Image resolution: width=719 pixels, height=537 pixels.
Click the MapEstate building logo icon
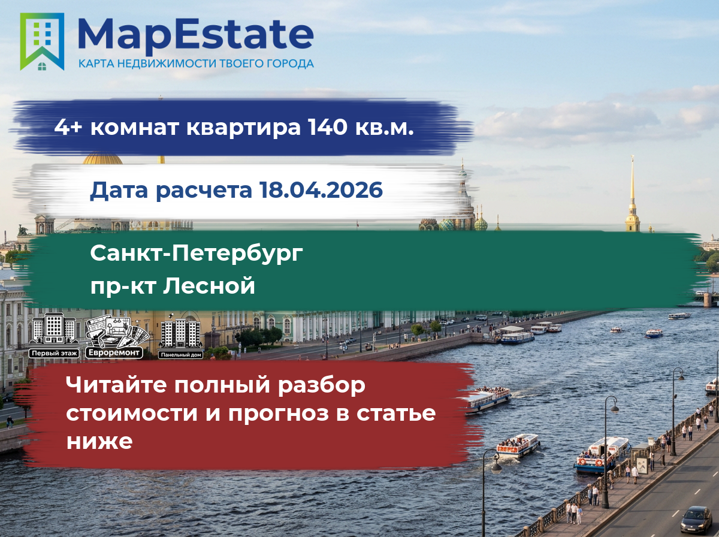[x=42, y=41]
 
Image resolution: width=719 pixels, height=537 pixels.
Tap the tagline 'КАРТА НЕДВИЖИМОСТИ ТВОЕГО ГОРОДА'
[x=196, y=64]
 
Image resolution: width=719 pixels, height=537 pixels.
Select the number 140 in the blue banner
[x=327, y=127]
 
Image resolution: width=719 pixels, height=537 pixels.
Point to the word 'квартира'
[x=243, y=128]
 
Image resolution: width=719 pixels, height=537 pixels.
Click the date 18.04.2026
[x=321, y=190]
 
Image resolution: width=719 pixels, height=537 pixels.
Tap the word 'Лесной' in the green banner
[x=209, y=285]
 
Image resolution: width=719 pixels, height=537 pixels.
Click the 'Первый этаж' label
[x=55, y=353]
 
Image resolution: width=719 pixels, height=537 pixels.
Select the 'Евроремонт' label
[x=114, y=352]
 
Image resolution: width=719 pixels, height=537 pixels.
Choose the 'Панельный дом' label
[x=181, y=355]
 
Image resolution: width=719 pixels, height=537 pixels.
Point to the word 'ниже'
[x=99, y=442]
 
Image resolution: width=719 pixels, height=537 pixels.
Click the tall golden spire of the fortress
[x=632, y=194]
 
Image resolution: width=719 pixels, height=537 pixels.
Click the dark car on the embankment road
[x=696, y=520]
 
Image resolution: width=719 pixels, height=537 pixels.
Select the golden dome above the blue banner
[x=102, y=159]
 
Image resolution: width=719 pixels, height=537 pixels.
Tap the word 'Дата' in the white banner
[x=119, y=191]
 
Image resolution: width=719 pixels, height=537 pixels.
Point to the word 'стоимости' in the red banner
[x=132, y=414]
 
